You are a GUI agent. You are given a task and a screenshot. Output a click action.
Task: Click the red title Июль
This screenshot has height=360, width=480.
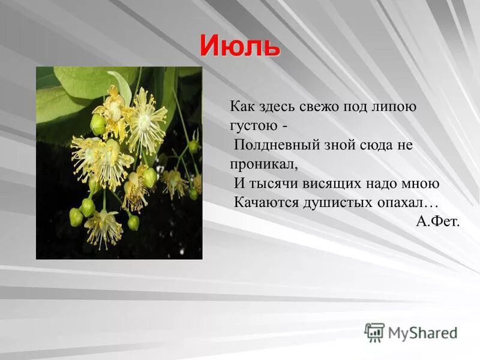tap(240, 46)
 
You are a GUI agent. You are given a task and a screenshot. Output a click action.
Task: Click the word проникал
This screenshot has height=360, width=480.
tap(263, 164)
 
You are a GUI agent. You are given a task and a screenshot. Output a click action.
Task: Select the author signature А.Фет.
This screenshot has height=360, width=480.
tap(438, 221)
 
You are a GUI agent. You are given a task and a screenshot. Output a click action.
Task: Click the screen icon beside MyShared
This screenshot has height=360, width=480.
tap(375, 332)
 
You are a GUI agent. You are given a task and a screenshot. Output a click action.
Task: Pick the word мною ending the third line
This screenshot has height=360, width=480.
tap(420, 184)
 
